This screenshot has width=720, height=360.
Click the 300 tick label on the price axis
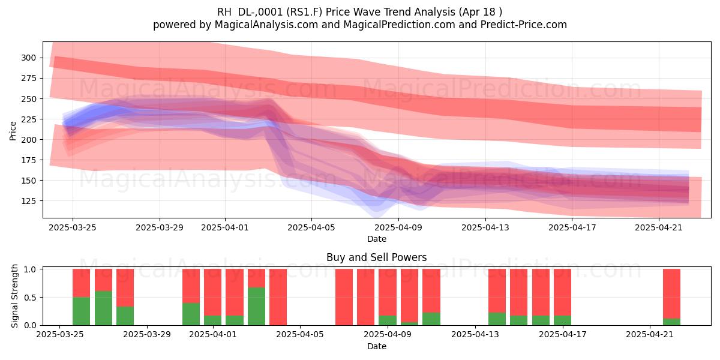coord(29,58)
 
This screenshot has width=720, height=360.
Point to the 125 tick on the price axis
coord(29,201)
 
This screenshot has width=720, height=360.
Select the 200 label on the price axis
coord(29,139)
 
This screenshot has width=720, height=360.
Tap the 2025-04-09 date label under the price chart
coord(398,227)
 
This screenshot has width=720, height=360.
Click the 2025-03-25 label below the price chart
coord(73,227)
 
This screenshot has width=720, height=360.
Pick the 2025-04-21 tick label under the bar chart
coord(650,334)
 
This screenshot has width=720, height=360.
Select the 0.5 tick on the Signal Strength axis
coord(30,298)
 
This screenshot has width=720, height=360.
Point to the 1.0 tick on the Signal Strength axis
coord(30,269)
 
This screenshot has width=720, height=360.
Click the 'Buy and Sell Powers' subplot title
coord(377,257)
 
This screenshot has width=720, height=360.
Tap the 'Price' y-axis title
coord(13,131)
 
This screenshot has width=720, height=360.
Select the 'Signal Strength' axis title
coord(14,296)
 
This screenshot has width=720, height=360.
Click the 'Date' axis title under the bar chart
coord(377,346)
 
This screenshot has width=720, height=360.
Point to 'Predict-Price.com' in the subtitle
coord(524,25)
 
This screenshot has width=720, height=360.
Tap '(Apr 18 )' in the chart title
coord(481,12)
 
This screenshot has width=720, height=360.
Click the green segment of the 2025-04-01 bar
coord(213,320)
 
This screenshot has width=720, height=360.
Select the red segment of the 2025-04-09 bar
coord(388,292)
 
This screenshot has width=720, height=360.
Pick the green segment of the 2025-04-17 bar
coord(563,320)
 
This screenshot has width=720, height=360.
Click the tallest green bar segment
coord(257,307)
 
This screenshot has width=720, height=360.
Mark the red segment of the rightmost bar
coord(672,294)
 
